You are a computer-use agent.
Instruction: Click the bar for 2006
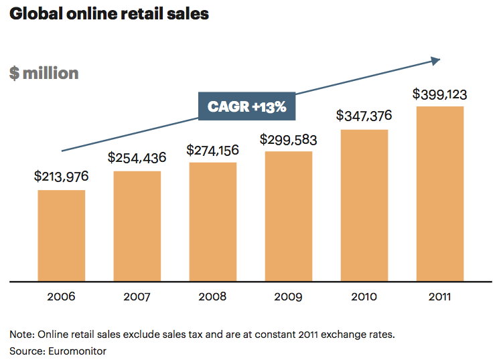[x=61, y=236]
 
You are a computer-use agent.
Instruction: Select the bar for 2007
[x=137, y=226]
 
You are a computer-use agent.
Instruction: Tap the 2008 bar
[x=212, y=221]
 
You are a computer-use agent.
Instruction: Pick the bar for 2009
[x=289, y=216]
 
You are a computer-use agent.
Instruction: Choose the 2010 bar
[x=364, y=205]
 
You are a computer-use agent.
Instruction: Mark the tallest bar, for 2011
[x=439, y=193]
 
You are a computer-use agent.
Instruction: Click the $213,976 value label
[x=61, y=177]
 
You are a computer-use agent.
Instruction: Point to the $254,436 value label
[x=137, y=158]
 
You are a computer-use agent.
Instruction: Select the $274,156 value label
[x=212, y=149]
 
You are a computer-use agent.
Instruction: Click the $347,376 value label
[x=364, y=116]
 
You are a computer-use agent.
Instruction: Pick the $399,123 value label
[x=439, y=93]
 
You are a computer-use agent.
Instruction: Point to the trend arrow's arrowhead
[x=435, y=61]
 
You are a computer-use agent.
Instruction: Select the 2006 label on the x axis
[x=61, y=296]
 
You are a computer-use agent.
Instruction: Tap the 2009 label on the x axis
[x=289, y=296]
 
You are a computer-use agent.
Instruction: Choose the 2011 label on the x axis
[x=439, y=296]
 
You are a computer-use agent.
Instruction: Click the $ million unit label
[x=44, y=73]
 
